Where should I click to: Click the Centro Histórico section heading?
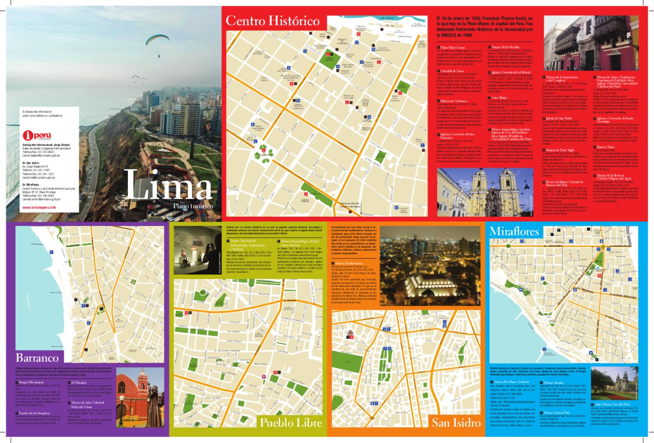[273, 20]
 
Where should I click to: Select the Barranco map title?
[37, 358]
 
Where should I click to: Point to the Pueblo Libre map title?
[291, 423]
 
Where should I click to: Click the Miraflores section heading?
[515, 231]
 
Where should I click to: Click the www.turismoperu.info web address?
[39, 208]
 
